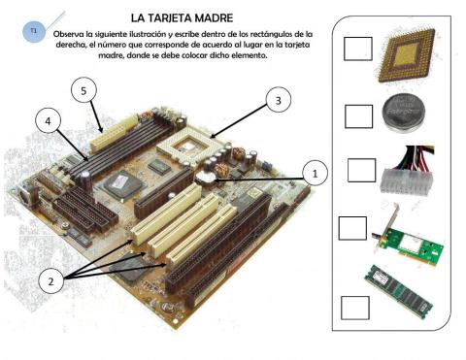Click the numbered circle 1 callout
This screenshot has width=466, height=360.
(x=312, y=173)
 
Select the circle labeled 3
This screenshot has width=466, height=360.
(x=279, y=100)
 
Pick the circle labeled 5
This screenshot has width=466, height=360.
(x=85, y=90)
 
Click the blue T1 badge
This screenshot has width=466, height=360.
(x=34, y=31)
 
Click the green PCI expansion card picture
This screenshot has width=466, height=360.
(x=406, y=233)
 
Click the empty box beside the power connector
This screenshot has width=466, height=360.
(x=360, y=169)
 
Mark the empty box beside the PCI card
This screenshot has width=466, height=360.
(x=352, y=228)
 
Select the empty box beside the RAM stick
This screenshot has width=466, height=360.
(x=354, y=305)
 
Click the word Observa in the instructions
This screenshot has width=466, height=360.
(x=87, y=34)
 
